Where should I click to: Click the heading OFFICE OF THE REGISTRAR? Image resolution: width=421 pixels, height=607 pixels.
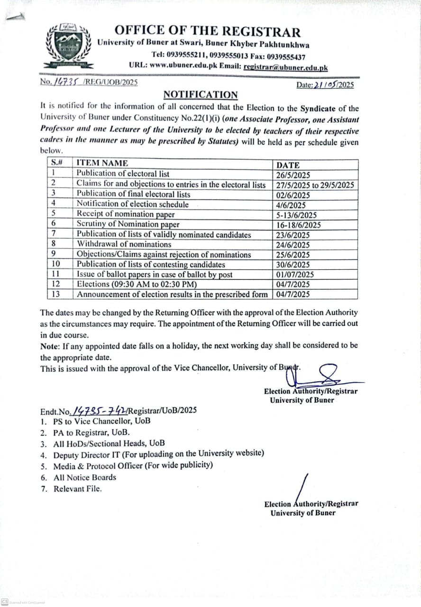(x=207, y=32)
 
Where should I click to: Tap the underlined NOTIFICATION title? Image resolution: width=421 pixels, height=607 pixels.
(x=201, y=95)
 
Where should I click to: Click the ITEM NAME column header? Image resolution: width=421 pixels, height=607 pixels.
(x=102, y=163)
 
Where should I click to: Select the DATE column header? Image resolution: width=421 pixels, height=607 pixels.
(x=288, y=165)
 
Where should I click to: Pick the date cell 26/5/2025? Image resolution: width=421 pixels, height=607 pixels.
(x=293, y=175)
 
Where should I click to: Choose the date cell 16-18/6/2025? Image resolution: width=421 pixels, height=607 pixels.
(x=298, y=225)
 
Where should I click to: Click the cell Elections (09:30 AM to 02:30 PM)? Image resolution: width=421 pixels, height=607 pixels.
(x=137, y=285)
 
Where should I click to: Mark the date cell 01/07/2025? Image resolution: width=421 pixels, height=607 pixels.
(x=295, y=275)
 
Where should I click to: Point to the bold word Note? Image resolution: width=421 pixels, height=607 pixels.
(x=50, y=346)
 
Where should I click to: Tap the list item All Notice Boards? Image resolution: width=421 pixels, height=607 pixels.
(x=84, y=478)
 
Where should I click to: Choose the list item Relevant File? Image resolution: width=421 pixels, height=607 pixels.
(x=77, y=489)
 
